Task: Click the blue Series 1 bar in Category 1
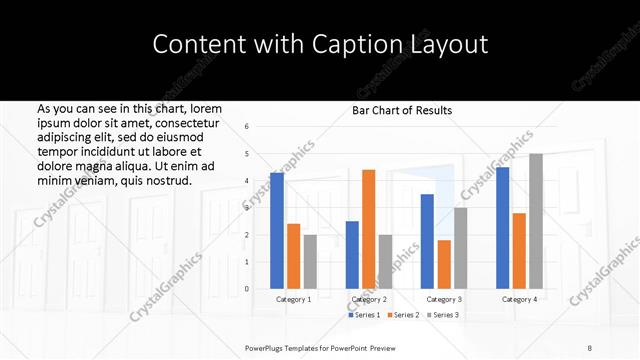(277, 231)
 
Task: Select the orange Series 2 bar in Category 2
(368, 229)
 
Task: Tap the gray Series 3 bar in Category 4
(536, 221)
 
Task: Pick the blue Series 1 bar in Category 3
(427, 241)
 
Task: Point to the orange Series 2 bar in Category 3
(444, 264)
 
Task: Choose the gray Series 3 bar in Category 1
(310, 261)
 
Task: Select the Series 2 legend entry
(403, 315)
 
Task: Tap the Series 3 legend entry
(443, 315)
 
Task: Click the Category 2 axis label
(369, 299)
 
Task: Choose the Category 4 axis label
(519, 299)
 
